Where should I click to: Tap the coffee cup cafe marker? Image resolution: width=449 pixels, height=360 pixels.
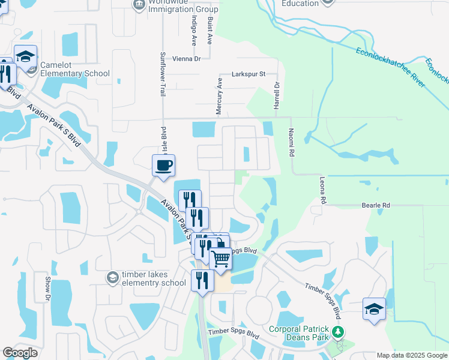click(x=163, y=165)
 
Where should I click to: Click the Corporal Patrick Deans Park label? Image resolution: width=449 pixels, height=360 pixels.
click(x=299, y=333)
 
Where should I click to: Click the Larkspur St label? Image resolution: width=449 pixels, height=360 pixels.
click(x=249, y=74)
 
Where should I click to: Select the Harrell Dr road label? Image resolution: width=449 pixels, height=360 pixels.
click(x=277, y=95)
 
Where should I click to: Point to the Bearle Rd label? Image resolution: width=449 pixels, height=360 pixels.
click(x=376, y=205)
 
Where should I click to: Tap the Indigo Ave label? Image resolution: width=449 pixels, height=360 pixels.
click(x=194, y=30)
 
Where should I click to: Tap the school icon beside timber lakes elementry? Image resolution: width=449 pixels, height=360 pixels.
click(x=112, y=277)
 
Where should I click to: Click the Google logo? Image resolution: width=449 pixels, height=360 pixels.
click(x=20, y=353)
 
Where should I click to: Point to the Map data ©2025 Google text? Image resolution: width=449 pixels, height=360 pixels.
click(x=411, y=355)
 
